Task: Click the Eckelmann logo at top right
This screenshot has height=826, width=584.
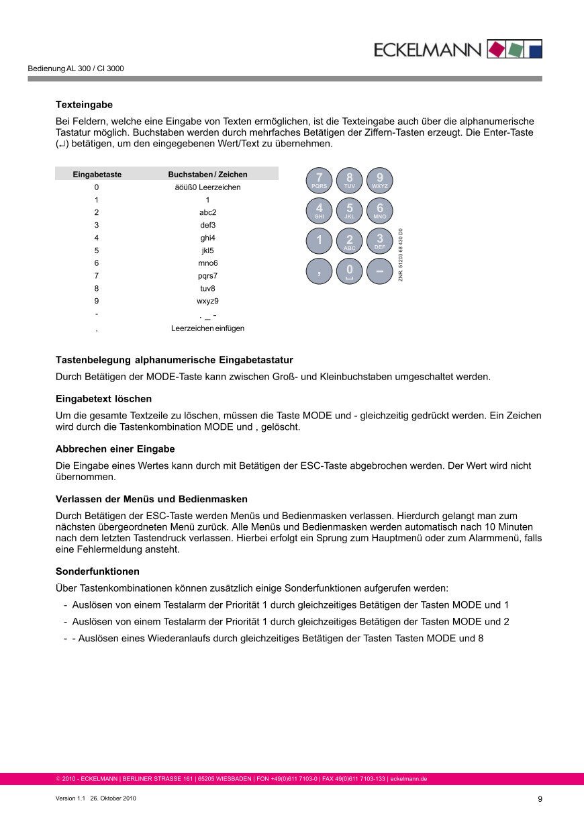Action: [457, 49]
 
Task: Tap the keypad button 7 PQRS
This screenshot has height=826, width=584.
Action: [319, 180]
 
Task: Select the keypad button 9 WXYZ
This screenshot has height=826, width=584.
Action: [380, 180]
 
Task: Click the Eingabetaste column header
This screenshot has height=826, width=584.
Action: [97, 175]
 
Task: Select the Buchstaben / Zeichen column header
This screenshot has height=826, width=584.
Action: [207, 175]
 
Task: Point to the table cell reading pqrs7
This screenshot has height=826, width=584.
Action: [207, 276]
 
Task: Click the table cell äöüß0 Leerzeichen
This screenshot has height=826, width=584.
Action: [207, 187]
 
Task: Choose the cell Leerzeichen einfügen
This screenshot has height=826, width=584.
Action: [207, 328]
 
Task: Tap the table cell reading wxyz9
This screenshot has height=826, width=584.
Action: [207, 302]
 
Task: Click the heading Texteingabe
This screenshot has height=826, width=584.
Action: [84, 105]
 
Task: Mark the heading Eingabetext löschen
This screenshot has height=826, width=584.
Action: [103, 399]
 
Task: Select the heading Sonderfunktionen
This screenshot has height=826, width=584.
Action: [97, 571]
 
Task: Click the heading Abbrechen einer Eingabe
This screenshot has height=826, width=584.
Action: [115, 449]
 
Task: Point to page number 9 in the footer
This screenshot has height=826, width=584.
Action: [540, 799]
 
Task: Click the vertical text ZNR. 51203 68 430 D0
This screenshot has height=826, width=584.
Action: [401, 255]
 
